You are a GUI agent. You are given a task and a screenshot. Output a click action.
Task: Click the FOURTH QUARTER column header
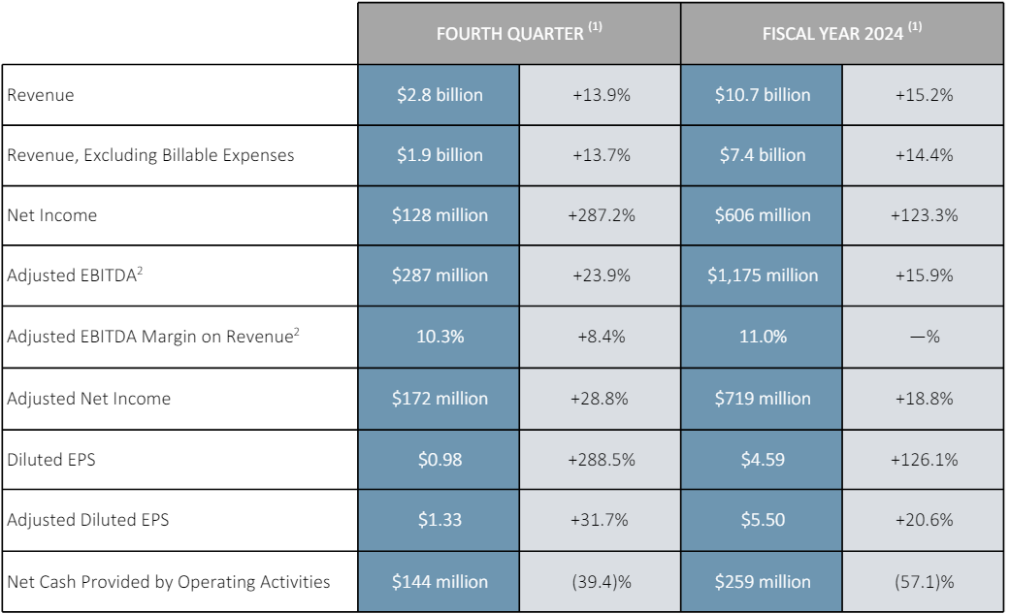click(519, 33)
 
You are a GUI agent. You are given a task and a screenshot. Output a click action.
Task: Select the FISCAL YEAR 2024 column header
click(841, 33)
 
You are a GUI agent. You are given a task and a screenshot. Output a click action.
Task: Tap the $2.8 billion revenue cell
click(440, 95)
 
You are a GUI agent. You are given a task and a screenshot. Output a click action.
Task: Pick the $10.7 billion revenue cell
click(763, 95)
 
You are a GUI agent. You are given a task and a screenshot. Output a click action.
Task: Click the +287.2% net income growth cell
click(601, 215)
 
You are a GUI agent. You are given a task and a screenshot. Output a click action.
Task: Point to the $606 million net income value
click(763, 215)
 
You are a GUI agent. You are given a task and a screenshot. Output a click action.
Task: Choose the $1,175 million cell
click(763, 275)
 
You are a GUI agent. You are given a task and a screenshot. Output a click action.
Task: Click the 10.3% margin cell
click(440, 337)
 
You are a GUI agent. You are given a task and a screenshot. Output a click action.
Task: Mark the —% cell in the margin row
click(923, 337)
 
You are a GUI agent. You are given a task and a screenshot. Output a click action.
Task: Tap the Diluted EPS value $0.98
click(440, 459)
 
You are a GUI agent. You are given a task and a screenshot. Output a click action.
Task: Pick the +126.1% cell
click(923, 459)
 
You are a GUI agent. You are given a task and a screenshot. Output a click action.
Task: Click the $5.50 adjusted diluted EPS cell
click(763, 520)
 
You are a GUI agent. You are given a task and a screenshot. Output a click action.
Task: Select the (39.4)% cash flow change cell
click(601, 582)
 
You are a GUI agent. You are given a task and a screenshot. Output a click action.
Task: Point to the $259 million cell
click(763, 582)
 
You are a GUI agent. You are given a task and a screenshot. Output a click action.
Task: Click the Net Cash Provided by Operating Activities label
click(169, 582)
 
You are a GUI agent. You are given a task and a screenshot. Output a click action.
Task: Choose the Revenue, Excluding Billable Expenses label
click(150, 155)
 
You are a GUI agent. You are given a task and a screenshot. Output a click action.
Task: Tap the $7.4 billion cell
click(763, 155)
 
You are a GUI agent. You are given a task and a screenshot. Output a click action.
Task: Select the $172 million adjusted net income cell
click(440, 398)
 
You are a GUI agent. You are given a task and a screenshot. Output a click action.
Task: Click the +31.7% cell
click(601, 520)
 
